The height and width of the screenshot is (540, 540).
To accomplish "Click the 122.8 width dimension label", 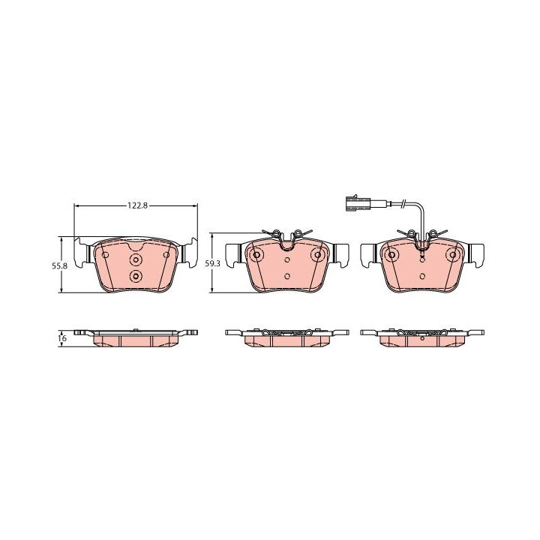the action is pos(137,205).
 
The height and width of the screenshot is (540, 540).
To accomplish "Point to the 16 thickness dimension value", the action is pos(62,338).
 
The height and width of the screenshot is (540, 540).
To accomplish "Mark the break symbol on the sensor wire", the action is pos(403,204).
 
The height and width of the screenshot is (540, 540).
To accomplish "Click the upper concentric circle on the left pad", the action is pos(136,260).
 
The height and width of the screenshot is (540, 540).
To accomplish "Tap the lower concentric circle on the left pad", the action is pos(136,275).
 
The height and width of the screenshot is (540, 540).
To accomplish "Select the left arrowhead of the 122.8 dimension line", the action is pos(76,205).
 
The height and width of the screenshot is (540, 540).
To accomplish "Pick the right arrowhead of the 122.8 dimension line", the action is pos(194,205).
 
